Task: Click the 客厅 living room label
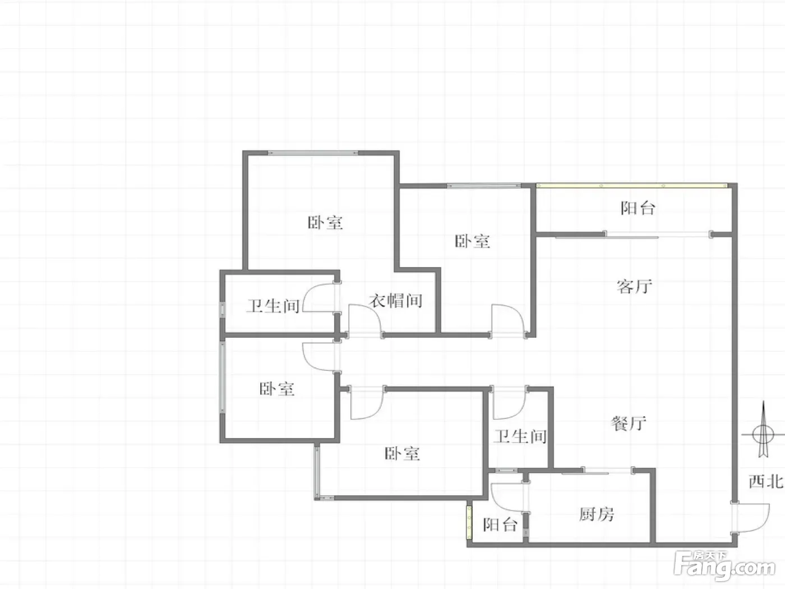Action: point(634,287)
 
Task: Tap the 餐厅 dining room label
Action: point(629,423)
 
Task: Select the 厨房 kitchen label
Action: point(597,514)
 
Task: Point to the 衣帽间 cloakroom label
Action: point(396,301)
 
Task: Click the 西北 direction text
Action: point(765,481)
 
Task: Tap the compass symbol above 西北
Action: point(763,433)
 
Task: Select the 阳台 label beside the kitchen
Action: point(500,524)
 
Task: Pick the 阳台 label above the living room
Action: point(638,208)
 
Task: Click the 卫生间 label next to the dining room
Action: point(520,436)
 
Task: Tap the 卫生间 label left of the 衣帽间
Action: point(273,306)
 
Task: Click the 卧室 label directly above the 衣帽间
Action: point(325,223)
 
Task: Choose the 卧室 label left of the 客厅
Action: point(472,241)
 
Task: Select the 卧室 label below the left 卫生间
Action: point(277,389)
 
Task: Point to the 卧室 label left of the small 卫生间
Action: point(402,453)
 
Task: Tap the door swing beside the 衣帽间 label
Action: point(364,321)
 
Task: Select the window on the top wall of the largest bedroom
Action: point(312,153)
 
